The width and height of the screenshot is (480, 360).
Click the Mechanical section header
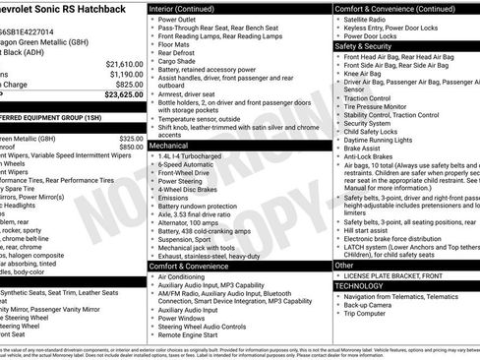pos(169,144)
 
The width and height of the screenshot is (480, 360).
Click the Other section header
pos(344,265)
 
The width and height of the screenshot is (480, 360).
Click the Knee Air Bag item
pos(364,73)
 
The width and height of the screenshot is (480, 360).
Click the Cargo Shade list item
pos(179,61)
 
